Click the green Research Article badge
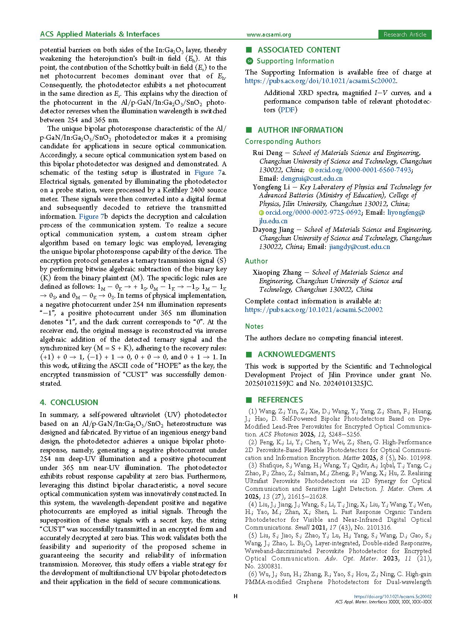(x=405, y=35)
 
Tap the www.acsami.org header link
(x=268, y=35)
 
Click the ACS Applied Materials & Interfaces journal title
(x=100, y=34)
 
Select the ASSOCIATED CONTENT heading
(x=299, y=50)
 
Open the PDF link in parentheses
(x=287, y=110)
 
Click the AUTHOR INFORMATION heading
(x=300, y=130)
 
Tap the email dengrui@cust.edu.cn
(x=312, y=179)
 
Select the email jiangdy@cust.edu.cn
(x=359, y=247)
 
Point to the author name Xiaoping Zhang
(x=277, y=272)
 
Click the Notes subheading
(x=254, y=326)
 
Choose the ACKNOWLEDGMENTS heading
(x=296, y=354)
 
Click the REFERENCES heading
(x=280, y=400)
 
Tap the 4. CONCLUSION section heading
(x=69, y=402)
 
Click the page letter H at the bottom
(x=236, y=596)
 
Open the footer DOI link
(x=393, y=597)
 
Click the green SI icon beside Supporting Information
(x=249, y=61)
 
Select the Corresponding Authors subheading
(x=283, y=142)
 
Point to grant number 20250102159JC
(x=269, y=383)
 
